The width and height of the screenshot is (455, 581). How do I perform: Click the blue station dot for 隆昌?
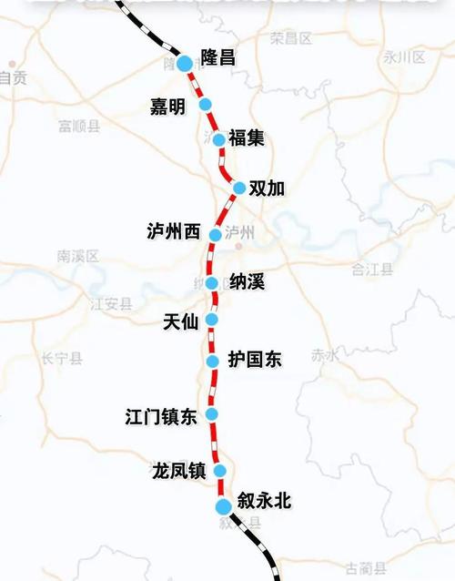pos(184,63)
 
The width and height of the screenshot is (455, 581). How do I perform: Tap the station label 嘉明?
pos(167,107)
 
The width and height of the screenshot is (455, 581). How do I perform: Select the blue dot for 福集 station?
pos(218,139)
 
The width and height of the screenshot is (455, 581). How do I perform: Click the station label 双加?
pos(267,189)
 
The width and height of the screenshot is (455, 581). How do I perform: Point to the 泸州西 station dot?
pos(215,234)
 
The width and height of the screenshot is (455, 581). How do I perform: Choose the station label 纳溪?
pos(248,281)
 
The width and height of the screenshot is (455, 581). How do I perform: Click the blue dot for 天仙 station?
pos(212,320)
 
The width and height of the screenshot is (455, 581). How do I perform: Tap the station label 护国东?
pos(255,361)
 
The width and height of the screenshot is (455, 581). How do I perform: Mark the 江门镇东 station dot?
pos(212,414)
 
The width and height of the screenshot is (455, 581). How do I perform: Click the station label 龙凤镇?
pos(178,471)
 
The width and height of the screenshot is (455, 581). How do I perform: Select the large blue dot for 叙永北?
pos(224,506)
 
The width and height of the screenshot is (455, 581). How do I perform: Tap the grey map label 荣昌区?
pos(291,38)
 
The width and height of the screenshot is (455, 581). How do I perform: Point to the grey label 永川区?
pos(404,56)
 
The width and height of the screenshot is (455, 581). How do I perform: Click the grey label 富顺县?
pos(78,126)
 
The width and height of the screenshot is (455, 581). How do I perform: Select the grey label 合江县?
pos(372,269)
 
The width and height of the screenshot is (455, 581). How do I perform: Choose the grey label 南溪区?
pos(76,256)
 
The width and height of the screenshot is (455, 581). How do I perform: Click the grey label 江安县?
pos(110,304)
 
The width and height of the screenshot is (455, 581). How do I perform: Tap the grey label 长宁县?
pos(61,359)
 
